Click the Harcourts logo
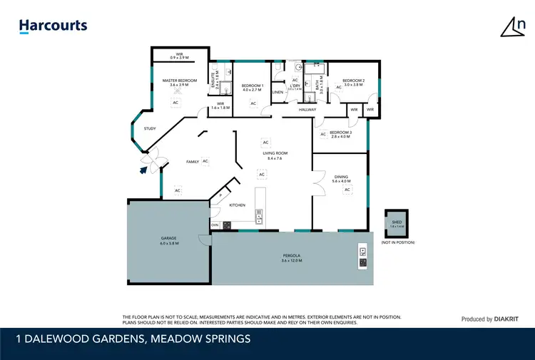point(53,26)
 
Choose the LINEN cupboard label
point(278,93)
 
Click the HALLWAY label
point(307,110)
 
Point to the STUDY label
point(149,128)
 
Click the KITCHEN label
point(237,205)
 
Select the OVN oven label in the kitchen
point(215,225)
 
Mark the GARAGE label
point(168,239)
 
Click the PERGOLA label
point(292,256)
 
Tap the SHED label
point(397,222)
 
